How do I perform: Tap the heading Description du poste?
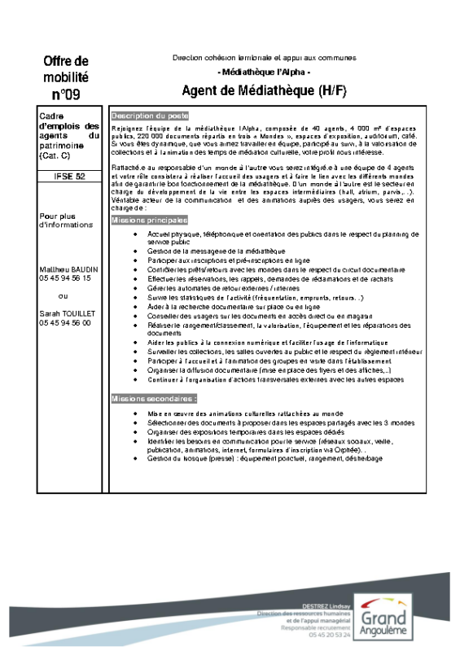(150, 116)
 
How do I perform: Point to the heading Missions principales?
(150, 220)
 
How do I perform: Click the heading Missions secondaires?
(154, 399)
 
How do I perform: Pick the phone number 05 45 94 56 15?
(65, 278)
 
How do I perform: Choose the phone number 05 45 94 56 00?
(65, 323)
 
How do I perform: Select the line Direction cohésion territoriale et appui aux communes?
(264, 59)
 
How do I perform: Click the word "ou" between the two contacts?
(64, 296)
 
